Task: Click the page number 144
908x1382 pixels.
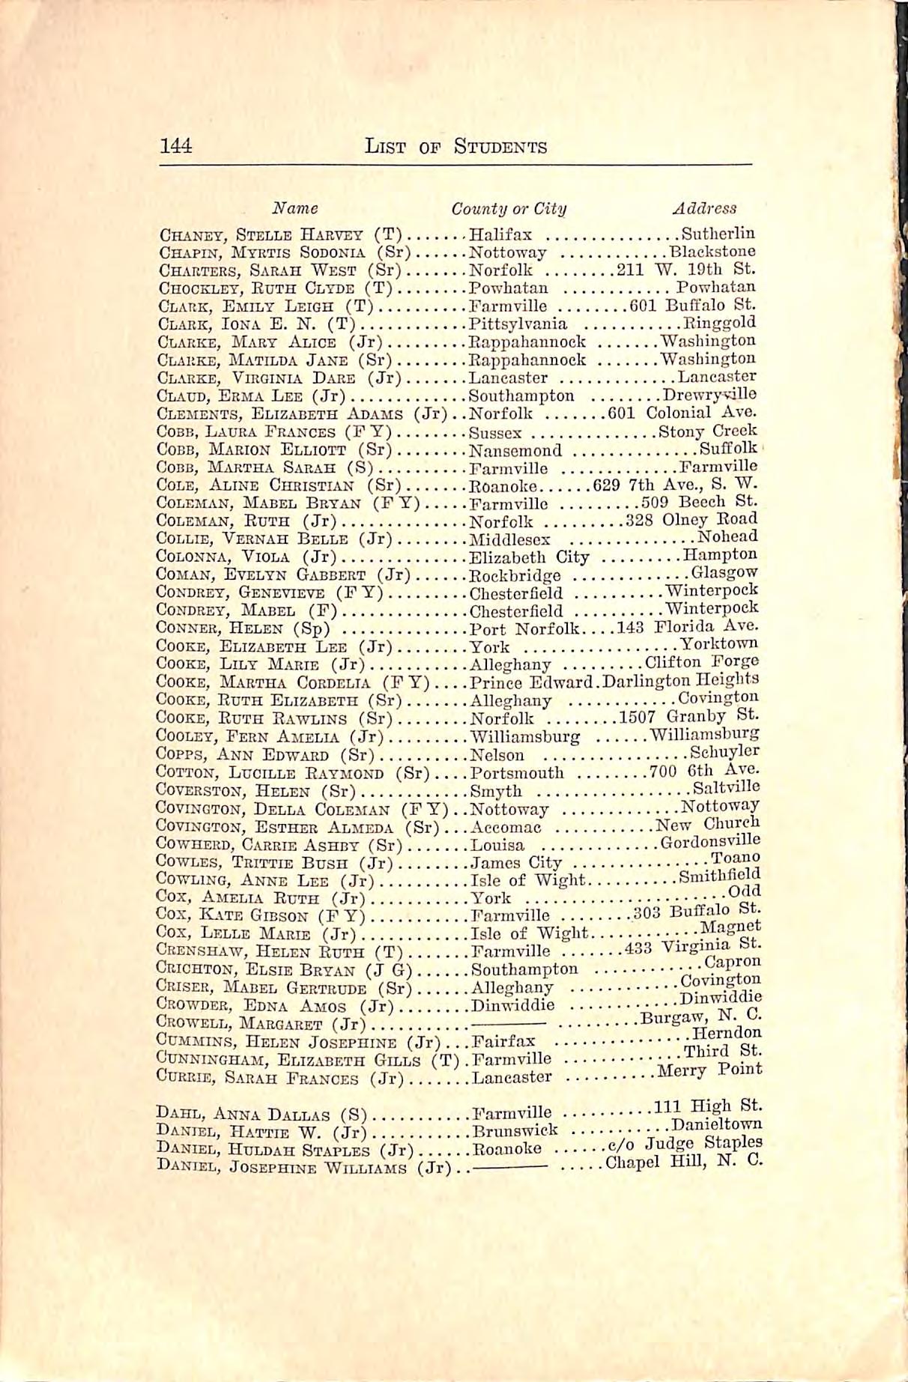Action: [177, 145]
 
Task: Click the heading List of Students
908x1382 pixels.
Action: [455, 147]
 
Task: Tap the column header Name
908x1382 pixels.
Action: [294, 208]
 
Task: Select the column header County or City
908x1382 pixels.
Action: [509, 208]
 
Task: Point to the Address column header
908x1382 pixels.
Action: [704, 208]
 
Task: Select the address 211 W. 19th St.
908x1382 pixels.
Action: [685, 269]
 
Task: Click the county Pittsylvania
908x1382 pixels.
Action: [518, 324]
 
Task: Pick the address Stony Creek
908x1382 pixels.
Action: [708, 431]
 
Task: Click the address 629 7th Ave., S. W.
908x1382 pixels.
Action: [675, 484]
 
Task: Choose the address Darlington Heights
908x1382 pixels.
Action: [681, 681]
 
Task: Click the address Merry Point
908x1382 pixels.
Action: [709, 1071]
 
